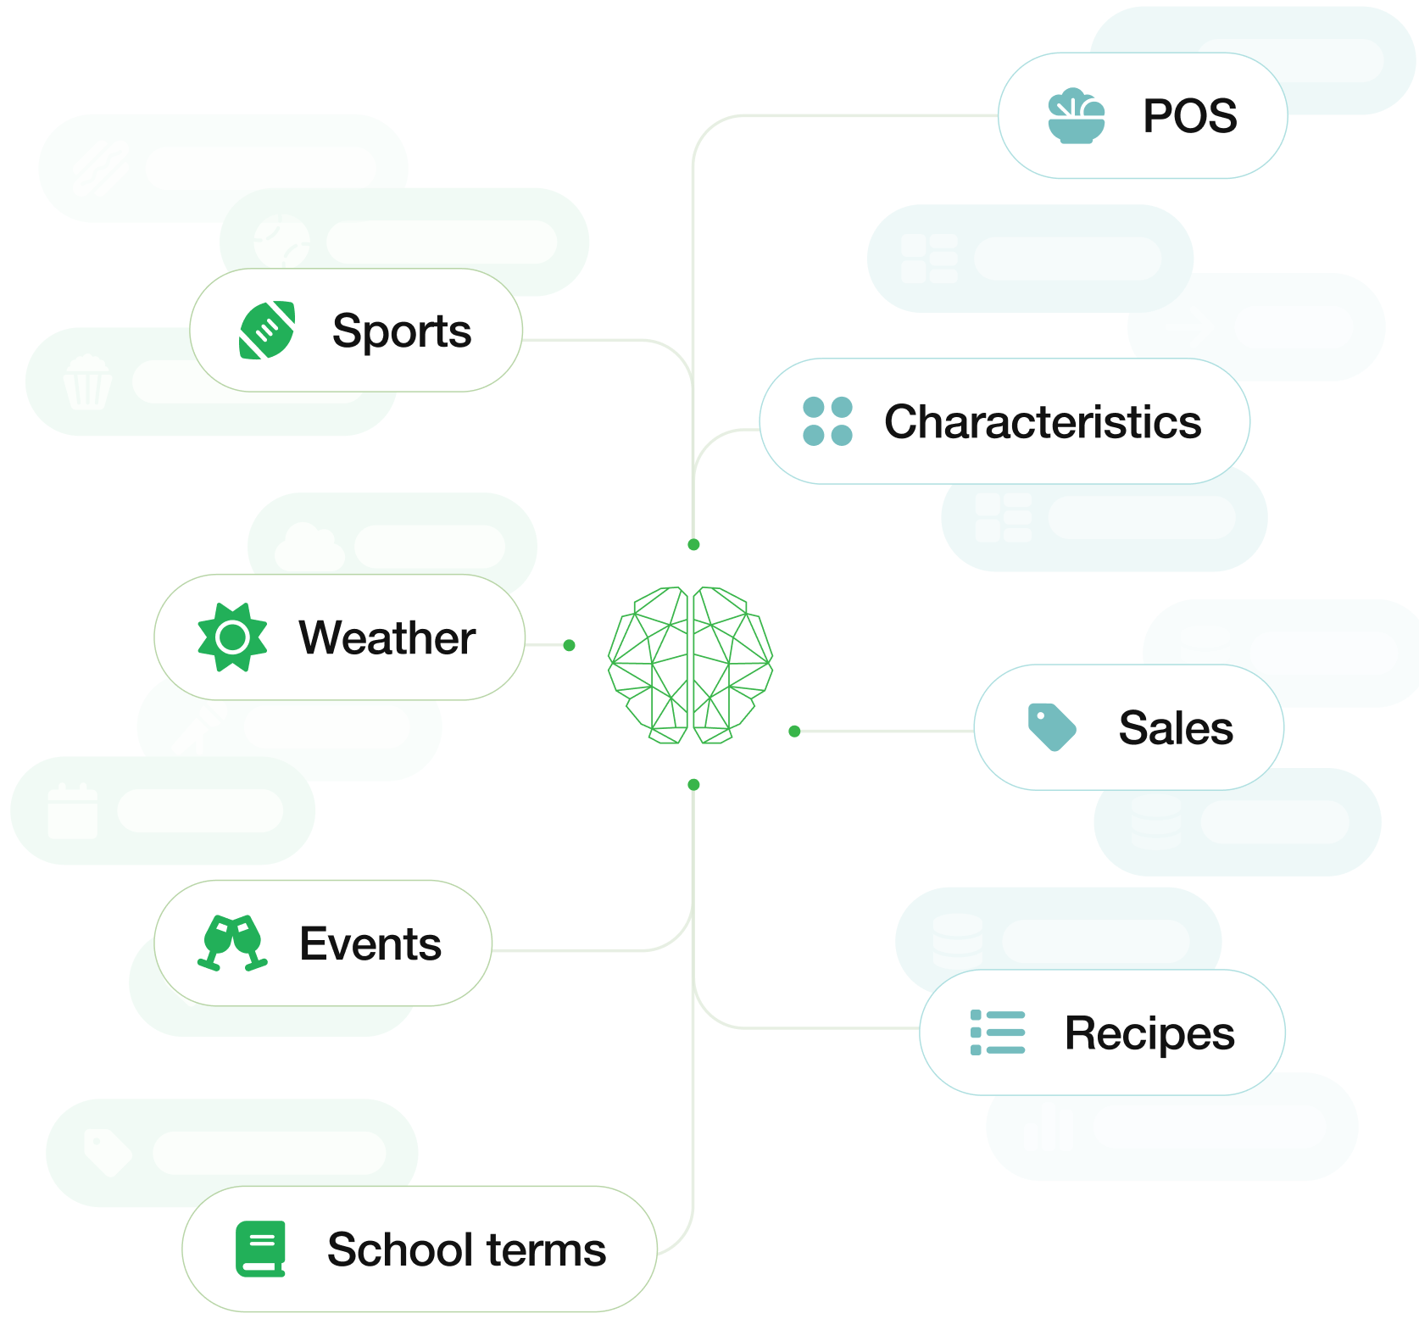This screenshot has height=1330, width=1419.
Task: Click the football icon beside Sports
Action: point(267,330)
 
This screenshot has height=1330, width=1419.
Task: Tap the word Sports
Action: point(401,331)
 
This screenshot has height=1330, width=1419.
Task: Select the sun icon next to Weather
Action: point(232,637)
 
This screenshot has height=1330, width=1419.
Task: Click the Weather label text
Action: point(387,637)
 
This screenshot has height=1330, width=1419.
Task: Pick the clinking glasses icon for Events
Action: point(232,943)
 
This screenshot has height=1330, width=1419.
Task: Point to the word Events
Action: point(370,943)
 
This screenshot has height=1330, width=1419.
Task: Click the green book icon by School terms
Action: point(260,1249)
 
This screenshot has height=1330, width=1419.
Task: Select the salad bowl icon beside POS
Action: point(1076,116)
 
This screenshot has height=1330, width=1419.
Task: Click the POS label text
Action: point(1189,116)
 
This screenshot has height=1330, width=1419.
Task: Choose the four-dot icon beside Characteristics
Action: point(827,421)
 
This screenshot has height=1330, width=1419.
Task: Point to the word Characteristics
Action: point(1043,421)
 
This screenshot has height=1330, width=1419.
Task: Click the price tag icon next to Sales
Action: point(1051,727)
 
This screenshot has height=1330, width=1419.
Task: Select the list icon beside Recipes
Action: point(998,1032)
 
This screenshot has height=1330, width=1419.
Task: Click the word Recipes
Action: point(1149,1033)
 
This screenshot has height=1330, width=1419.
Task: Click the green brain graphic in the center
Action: point(691,665)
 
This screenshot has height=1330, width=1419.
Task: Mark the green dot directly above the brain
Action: point(693,544)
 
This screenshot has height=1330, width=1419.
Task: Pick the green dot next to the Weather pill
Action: point(570,645)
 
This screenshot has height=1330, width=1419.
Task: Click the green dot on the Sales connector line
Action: point(794,731)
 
